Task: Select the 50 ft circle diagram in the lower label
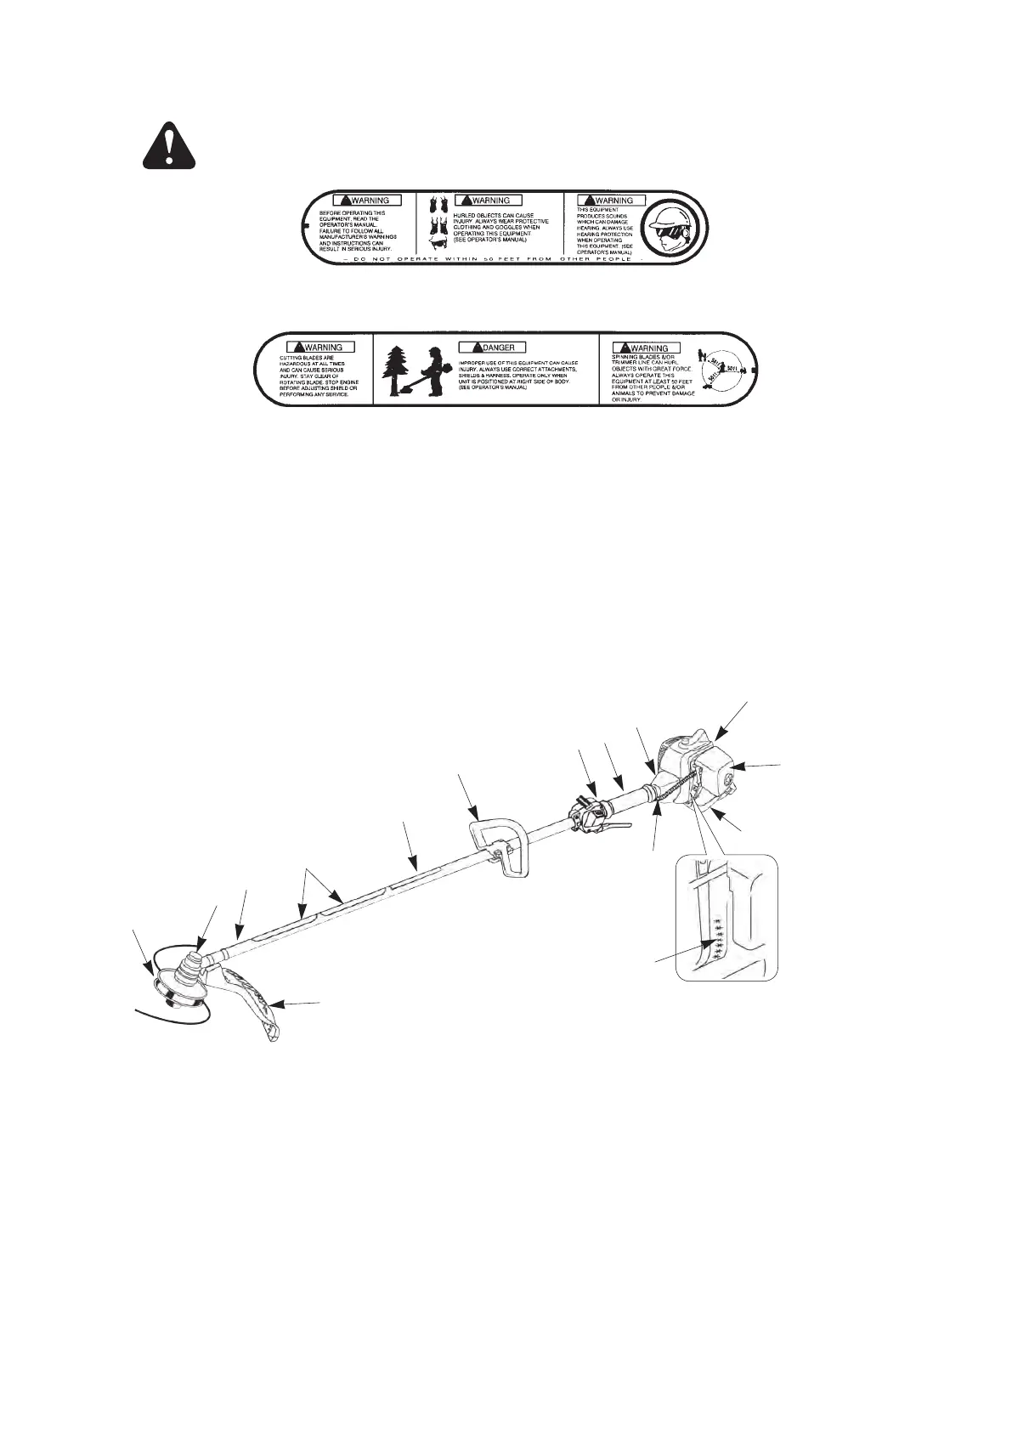[722, 370]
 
